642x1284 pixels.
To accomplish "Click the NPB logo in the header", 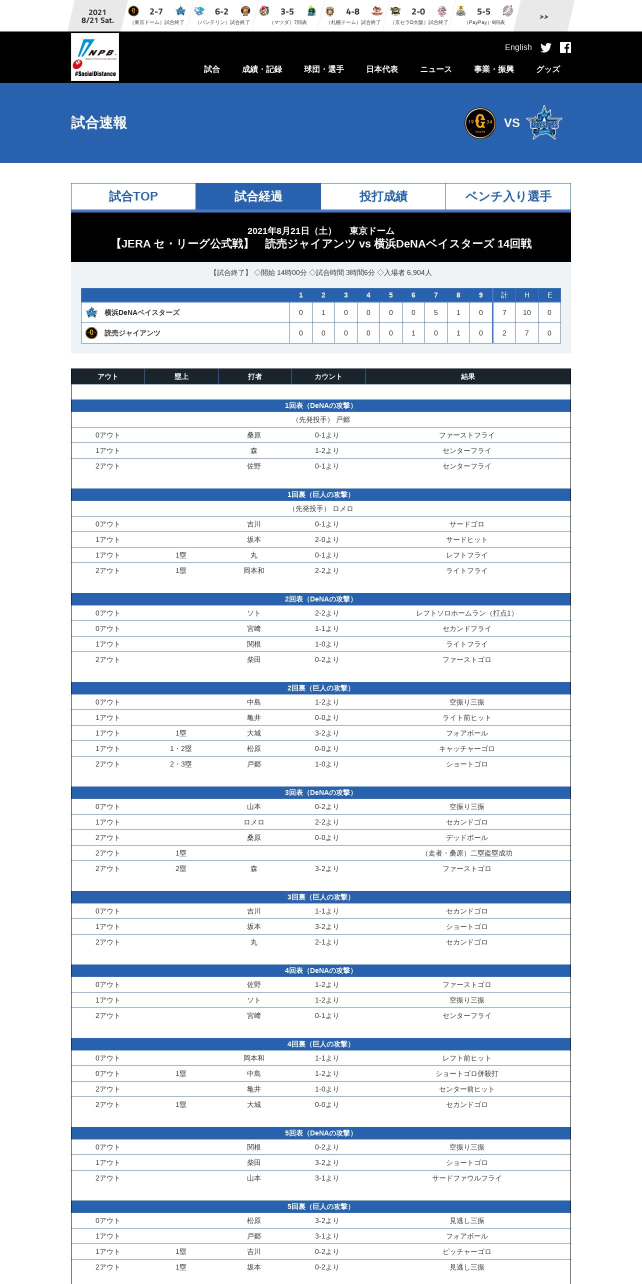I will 95,56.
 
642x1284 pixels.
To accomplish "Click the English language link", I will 518,47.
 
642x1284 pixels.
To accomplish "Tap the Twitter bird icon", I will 546,47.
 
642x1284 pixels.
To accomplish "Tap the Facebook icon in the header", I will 565,47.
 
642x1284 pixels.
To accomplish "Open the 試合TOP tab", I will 133,196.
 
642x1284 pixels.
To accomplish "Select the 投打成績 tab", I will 383,196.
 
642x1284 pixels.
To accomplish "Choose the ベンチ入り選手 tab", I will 508,196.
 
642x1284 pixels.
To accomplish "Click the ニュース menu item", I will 435,69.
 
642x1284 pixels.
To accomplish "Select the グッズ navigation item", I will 548,69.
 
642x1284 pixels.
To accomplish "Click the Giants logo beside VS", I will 480,123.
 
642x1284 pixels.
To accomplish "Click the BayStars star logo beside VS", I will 544,123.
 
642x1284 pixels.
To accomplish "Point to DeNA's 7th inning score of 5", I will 435,313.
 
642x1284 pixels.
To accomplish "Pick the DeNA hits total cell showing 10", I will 526,313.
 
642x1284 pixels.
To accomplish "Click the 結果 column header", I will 467,377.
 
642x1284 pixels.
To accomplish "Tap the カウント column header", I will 328,377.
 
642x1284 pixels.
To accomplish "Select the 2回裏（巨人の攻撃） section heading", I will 320,688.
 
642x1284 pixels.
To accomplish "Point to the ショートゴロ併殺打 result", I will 466,1074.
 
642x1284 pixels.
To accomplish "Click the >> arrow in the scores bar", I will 544,17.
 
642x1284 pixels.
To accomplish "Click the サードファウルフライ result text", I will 466,1178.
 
